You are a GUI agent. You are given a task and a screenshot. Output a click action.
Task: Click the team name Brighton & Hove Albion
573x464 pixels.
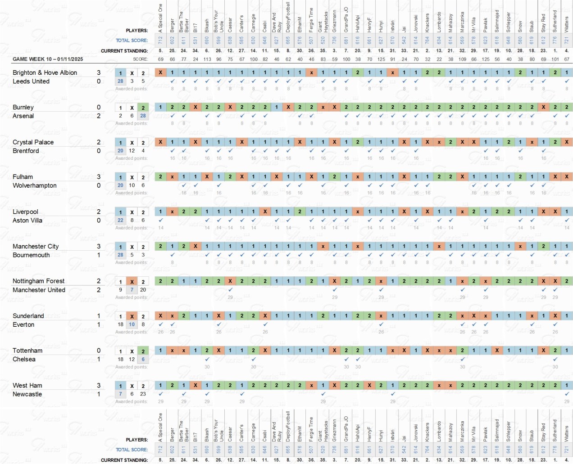click(45, 72)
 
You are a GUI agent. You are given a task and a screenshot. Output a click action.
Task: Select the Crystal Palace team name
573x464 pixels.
click(33, 142)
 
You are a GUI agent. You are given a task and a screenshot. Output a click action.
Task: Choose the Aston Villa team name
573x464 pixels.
click(27, 221)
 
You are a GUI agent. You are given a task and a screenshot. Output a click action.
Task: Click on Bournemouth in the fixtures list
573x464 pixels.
click(31, 255)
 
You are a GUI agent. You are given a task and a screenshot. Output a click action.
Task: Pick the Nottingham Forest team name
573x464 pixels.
click(38, 281)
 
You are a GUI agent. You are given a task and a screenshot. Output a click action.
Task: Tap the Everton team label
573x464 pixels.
click(23, 324)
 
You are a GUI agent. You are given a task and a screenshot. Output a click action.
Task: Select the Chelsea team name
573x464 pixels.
click(24, 359)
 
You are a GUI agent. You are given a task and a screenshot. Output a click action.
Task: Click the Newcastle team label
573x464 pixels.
click(27, 394)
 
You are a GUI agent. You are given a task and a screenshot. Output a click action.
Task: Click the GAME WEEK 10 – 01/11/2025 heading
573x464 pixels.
click(48, 59)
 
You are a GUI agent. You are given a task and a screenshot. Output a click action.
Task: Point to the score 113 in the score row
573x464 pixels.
click(207, 59)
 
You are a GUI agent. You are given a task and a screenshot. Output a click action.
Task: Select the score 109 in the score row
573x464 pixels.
click(462, 59)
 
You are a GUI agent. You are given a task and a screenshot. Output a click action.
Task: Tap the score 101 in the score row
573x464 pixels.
click(555, 59)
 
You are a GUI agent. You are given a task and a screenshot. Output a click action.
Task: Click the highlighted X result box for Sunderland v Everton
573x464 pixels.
click(132, 316)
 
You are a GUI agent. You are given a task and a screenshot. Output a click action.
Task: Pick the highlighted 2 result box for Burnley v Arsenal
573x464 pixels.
click(143, 108)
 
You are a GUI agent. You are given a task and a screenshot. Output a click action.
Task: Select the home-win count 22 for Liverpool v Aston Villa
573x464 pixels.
click(120, 220)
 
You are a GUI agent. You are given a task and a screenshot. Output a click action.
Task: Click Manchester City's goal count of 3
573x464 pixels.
click(99, 246)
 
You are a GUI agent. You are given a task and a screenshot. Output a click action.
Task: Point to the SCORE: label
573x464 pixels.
click(140, 59)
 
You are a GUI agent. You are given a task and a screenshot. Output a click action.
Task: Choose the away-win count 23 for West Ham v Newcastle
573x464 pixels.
click(143, 394)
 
